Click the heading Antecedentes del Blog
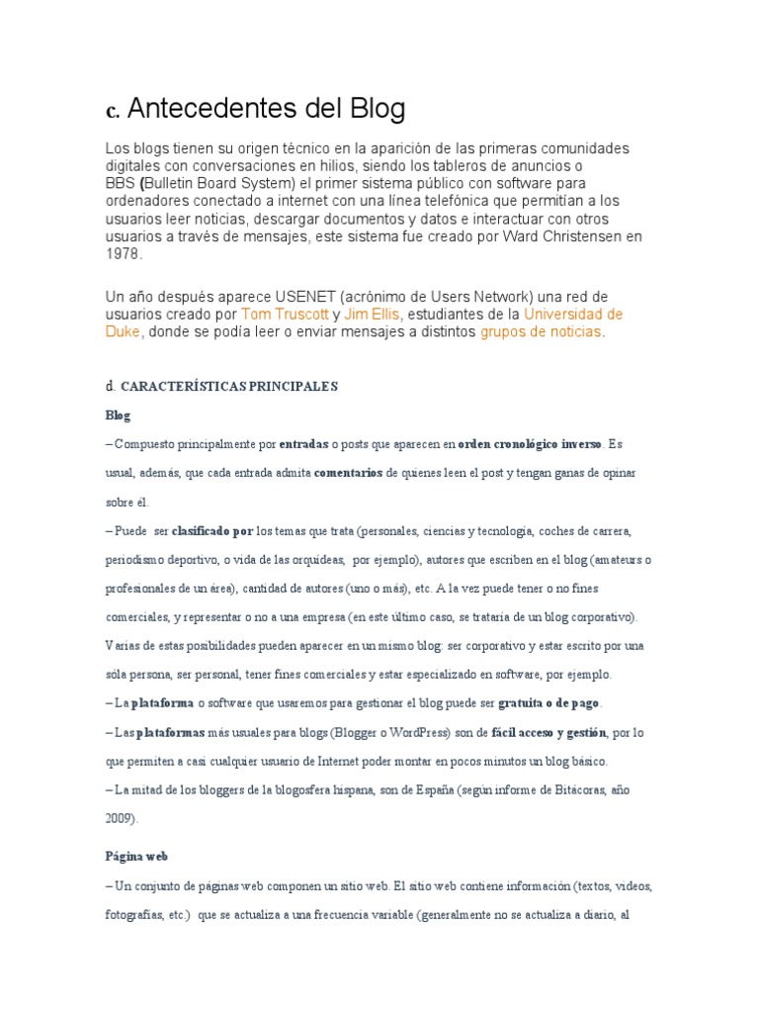[x=267, y=108]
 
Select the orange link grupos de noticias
[x=541, y=332]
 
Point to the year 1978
[x=124, y=254]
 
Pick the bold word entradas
[x=303, y=444]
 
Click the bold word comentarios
[x=348, y=473]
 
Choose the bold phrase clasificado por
[x=212, y=530]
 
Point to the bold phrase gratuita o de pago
[x=550, y=703]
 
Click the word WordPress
[x=413, y=733]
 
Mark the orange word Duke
[x=124, y=332]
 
